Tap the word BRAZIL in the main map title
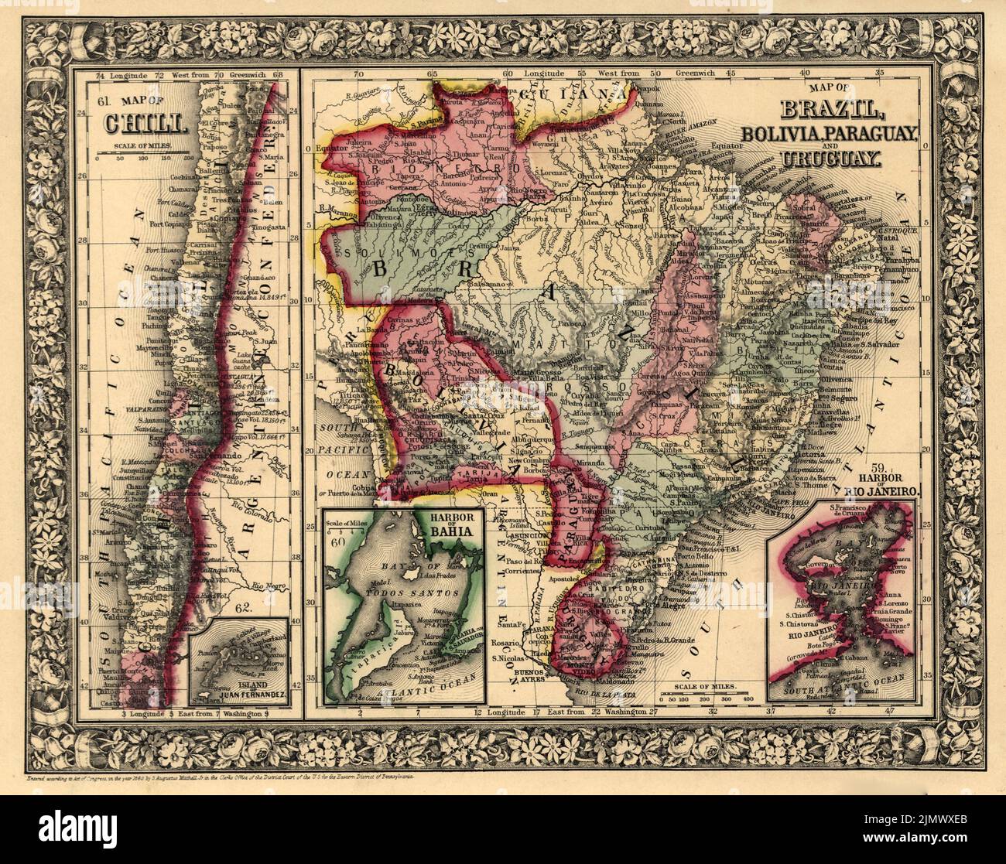coord(828,111)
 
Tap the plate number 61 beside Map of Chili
coord(105,101)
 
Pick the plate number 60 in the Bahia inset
coord(337,541)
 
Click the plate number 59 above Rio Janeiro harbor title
coord(899,468)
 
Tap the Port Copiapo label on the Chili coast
coord(169,225)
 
